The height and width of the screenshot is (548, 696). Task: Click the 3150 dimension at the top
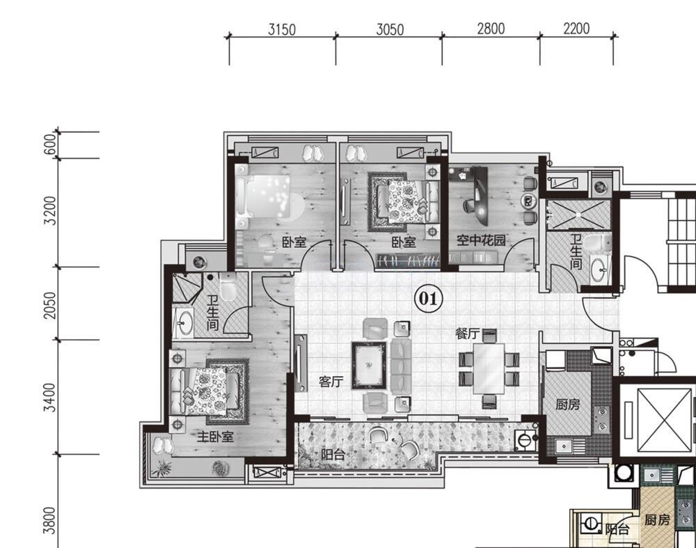click(x=282, y=29)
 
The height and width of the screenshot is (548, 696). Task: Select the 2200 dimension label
click(x=576, y=29)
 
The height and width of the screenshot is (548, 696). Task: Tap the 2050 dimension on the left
click(x=51, y=305)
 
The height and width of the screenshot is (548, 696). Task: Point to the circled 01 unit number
click(x=428, y=298)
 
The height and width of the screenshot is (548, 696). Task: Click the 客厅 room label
click(x=331, y=382)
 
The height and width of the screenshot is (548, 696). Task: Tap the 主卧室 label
click(x=215, y=437)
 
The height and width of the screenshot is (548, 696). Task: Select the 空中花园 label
click(x=481, y=240)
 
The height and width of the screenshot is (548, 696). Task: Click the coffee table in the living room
click(x=369, y=365)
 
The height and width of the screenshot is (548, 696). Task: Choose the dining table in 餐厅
click(x=489, y=368)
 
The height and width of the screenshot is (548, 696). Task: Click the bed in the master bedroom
click(x=209, y=391)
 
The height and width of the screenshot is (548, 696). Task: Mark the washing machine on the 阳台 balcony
click(x=525, y=440)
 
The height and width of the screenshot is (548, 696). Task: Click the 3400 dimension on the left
click(x=50, y=398)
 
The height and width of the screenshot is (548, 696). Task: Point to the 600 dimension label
click(x=51, y=144)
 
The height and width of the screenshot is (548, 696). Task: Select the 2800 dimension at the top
click(x=491, y=29)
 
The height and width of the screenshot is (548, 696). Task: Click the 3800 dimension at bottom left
click(x=50, y=521)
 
